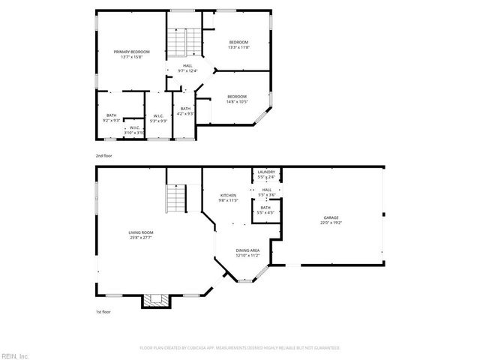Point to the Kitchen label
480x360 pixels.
227,197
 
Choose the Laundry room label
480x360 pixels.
266,174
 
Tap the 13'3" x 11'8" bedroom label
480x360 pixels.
238,44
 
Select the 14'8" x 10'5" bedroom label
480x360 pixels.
237,98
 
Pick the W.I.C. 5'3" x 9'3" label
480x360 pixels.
158,118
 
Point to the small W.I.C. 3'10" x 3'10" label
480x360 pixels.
134,130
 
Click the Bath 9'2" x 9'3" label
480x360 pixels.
111,118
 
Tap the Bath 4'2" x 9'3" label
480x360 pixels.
185,111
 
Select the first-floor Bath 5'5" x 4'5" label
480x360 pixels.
265,210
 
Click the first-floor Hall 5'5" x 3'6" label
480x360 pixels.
266,192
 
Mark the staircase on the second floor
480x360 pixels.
176,43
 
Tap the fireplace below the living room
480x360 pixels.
156,300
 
